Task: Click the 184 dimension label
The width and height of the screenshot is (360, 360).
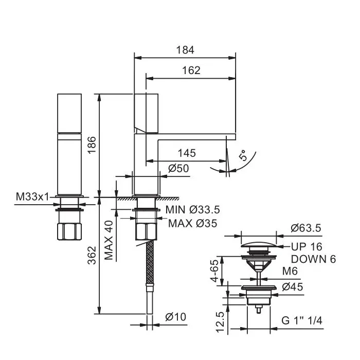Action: point(185,50)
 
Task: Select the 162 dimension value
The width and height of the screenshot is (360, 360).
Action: point(191,70)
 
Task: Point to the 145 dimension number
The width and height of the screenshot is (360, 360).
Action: point(187,153)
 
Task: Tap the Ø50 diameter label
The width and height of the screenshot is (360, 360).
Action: point(178,168)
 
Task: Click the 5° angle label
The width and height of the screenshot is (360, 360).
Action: point(243,155)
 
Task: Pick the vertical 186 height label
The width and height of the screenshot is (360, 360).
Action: point(92,145)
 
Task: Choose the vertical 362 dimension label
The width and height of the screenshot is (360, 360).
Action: point(92,255)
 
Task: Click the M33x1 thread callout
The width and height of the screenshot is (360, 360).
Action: point(32,197)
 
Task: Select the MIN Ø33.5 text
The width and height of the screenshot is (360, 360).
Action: point(193,210)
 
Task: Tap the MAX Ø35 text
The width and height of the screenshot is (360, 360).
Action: point(193,223)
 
